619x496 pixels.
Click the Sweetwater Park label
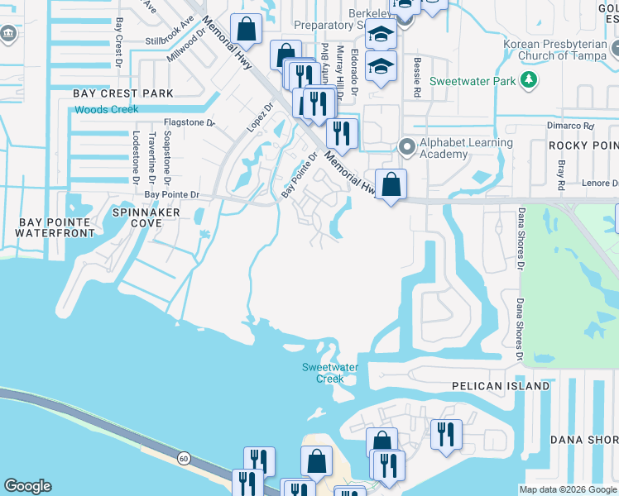(474, 81)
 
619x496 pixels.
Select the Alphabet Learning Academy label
(466, 148)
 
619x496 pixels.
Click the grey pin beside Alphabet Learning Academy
(405, 147)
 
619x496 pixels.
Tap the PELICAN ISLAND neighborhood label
(501, 386)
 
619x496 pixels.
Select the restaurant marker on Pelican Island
(446, 434)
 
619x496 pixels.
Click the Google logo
(27, 486)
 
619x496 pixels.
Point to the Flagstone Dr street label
(189, 123)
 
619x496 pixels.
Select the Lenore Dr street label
(597, 183)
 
